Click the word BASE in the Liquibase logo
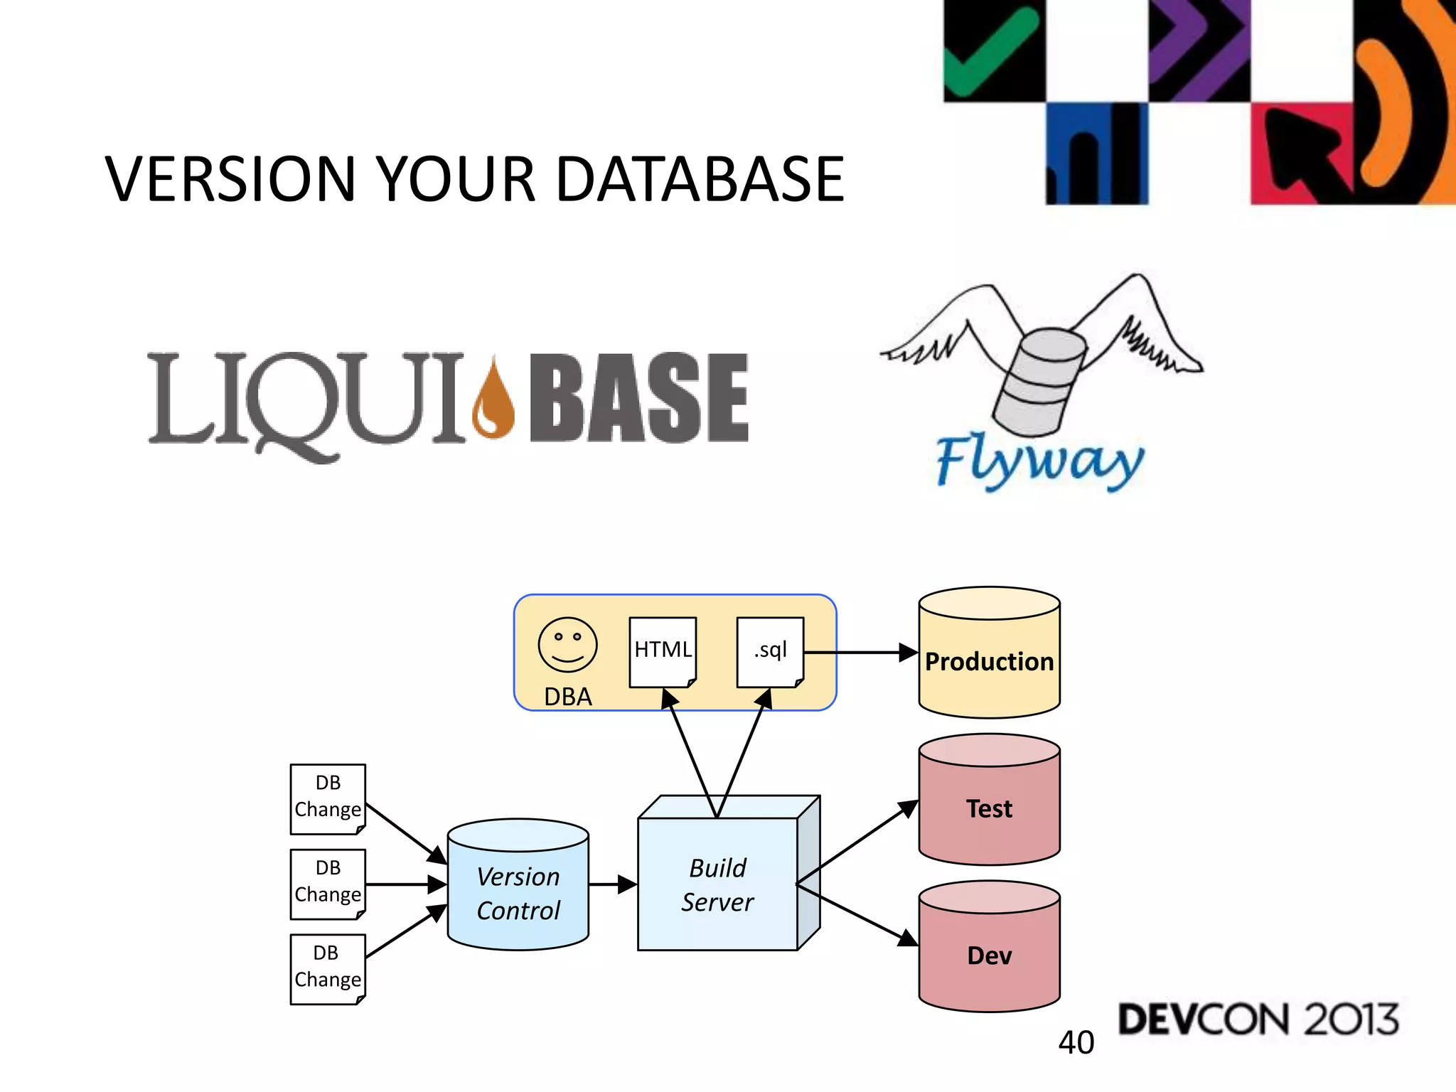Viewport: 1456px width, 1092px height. [638, 398]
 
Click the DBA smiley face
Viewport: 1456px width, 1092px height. [567, 645]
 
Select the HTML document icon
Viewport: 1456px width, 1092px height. [663, 651]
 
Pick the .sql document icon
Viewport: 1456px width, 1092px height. [770, 651]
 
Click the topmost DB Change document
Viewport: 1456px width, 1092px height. [328, 798]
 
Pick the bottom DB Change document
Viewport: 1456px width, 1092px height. [328, 968]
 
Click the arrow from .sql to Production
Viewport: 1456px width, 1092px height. [860, 652]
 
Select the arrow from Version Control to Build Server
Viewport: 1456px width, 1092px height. [612, 884]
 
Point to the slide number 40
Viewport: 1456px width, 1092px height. [1076, 1042]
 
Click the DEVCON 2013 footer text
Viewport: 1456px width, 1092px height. [1258, 1019]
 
